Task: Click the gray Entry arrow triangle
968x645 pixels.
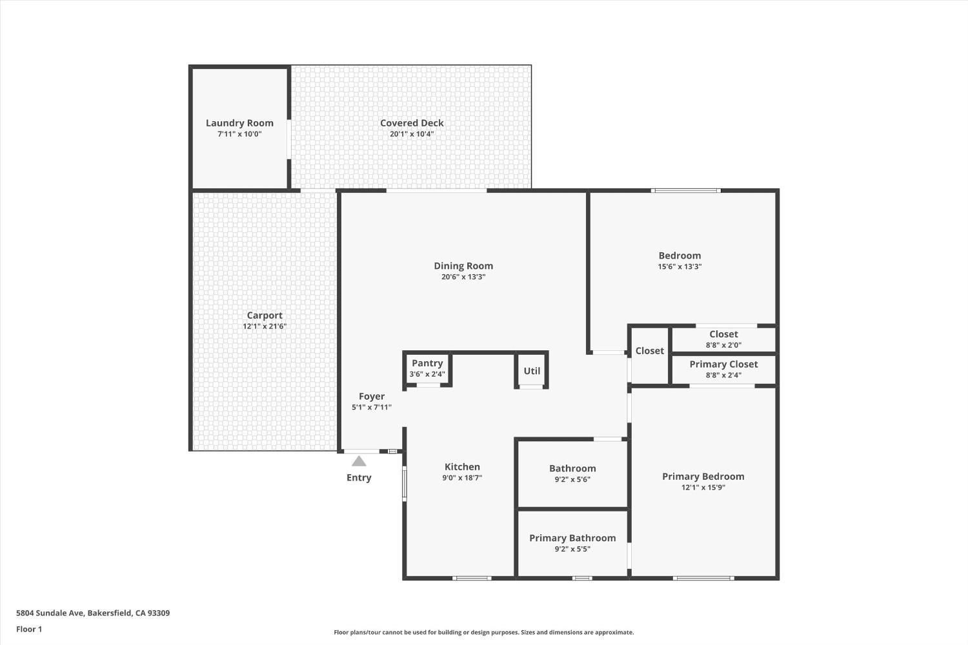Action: pyautogui.click(x=359, y=461)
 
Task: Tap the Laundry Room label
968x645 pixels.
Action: pyautogui.click(x=239, y=123)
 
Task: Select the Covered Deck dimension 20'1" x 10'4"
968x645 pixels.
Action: pyautogui.click(x=412, y=134)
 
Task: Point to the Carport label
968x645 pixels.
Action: pyautogui.click(x=265, y=315)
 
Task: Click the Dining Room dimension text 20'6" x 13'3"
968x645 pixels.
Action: pyautogui.click(x=463, y=277)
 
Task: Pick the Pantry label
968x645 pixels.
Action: pyautogui.click(x=427, y=363)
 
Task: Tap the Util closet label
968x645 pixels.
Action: pyautogui.click(x=532, y=371)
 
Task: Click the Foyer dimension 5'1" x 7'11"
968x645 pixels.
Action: pyautogui.click(x=372, y=407)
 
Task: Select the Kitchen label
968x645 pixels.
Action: pyautogui.click(x=462, y=467)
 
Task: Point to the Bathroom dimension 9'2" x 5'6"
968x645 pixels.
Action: pyautogui.click(x=572, y=479)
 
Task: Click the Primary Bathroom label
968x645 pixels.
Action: pyautogui.click(x=572, y=539)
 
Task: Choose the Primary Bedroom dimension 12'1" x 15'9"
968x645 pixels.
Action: pyautogui.click(x=703, y=488)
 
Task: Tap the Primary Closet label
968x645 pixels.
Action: pyautogui.click(x=723, y=364)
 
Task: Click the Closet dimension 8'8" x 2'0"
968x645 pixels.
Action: pyautogui.click(x=723, y=345)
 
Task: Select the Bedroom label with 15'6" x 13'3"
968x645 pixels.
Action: pyautogui.click(x=680, y=256)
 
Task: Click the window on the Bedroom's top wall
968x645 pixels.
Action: pyautogui.click(x=686, y=190)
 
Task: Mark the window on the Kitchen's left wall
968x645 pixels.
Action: pyautogui.click(x=405, y=483)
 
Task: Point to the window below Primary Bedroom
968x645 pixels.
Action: pyautogui.click(x=703, y=578)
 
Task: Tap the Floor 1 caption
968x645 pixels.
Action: pyautogui.click(x=29, y=630)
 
